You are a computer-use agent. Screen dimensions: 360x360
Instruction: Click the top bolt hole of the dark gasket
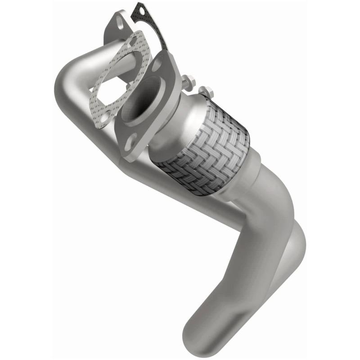[140, 9]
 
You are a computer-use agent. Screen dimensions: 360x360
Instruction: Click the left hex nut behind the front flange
[189, 83]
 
